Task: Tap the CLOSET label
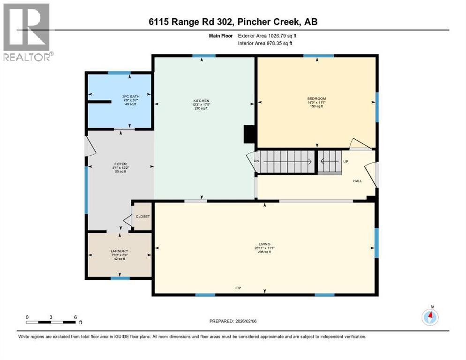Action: pos(143,217)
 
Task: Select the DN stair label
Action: pos(256,161)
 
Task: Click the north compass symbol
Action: pos(430,317)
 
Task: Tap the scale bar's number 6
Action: pos(75,317)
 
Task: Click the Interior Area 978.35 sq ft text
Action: pos(265,43)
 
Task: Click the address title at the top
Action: pos(233,22)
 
